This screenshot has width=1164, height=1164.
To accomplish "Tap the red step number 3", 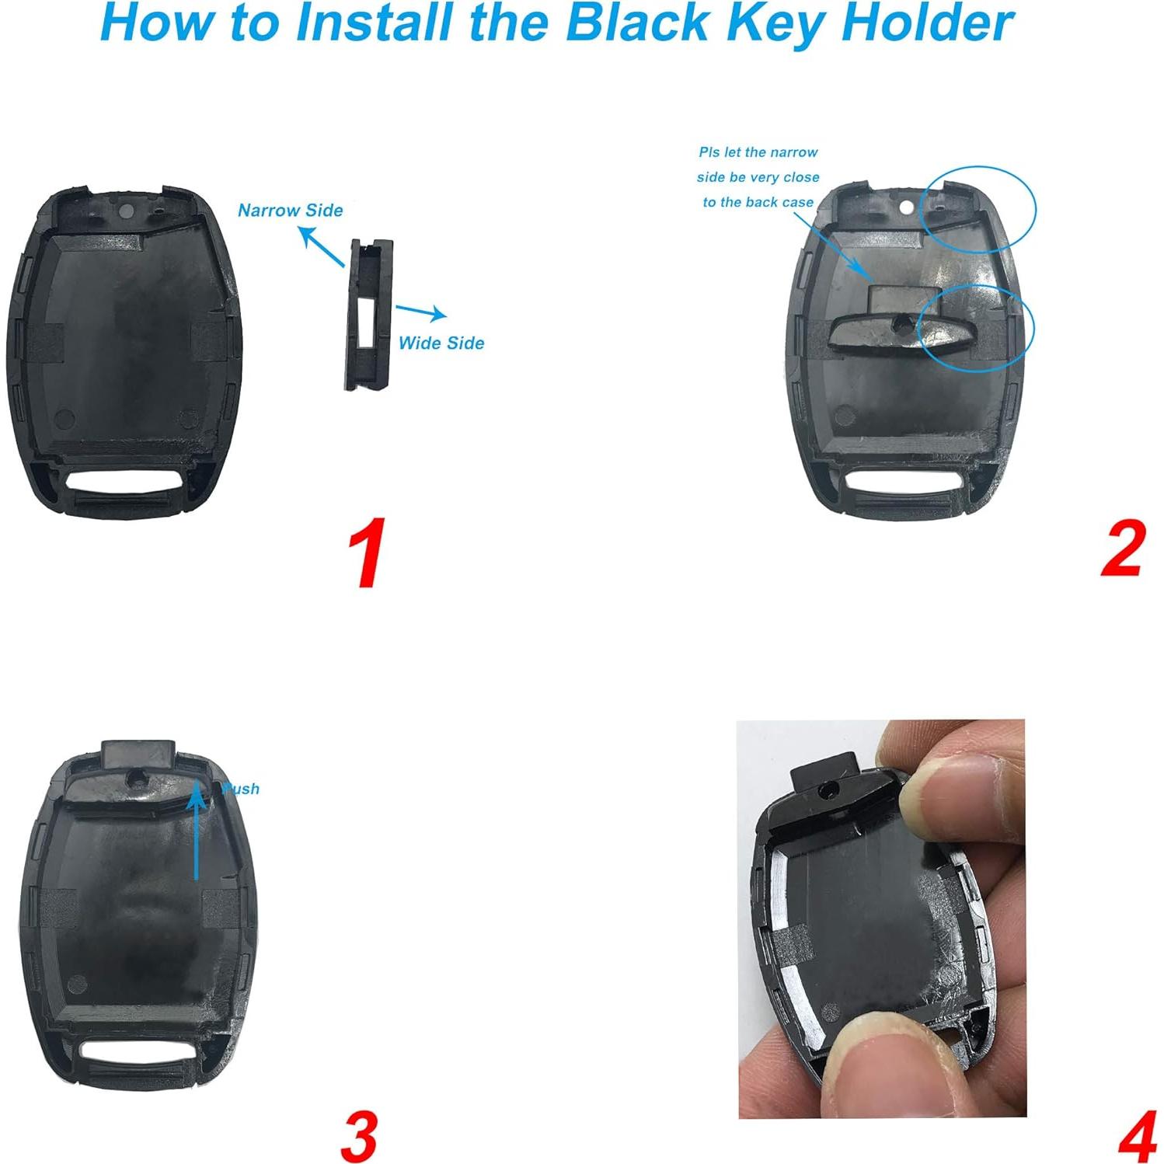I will pyautogui.click(x=359, y=1136).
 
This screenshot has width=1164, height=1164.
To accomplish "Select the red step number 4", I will pyautogui.click(x=1137, y=1138).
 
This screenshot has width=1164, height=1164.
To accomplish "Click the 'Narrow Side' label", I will pyautogui.click(x=290, y=211).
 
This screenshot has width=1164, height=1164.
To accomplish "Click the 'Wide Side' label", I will pyautogui.click(x=441, y=343).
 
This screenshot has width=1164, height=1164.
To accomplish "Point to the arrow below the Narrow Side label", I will pyautogui.click(x=321, y=247).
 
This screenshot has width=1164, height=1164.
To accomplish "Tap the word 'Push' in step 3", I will pyautogui.click(x=241, y=789).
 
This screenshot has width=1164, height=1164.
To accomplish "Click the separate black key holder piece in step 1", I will pyautogui.click(x=369, y=315).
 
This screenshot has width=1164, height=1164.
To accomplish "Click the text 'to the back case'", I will pyautogui.click(x=758, y=202).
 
